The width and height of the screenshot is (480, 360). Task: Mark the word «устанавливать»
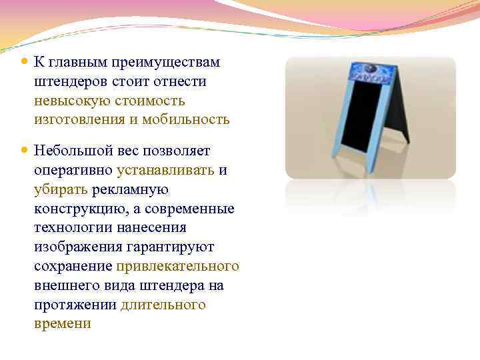pos(165,170)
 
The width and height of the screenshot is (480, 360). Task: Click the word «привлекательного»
pos(177,267)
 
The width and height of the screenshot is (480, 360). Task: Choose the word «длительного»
pos(163,305)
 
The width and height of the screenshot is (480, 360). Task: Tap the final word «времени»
pos(62,325)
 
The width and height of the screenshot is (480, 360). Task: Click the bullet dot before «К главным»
pos(25,62)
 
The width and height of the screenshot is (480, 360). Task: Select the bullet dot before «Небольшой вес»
pos(25,151)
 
